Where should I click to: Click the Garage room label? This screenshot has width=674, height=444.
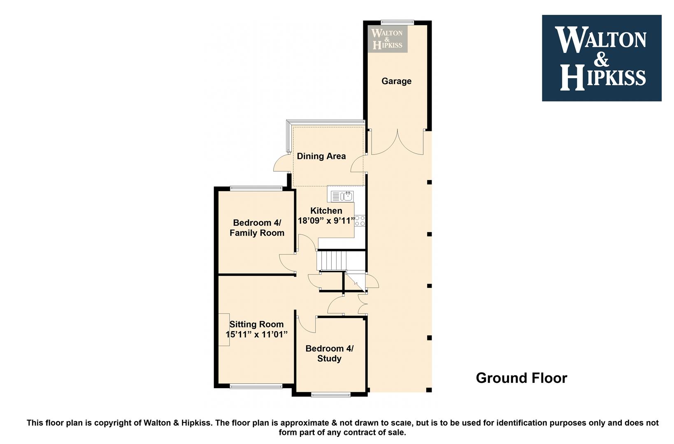pos(396,81)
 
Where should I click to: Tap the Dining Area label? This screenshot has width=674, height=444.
pos(321,156)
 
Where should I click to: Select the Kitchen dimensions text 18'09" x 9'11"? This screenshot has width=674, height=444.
pos(326,221)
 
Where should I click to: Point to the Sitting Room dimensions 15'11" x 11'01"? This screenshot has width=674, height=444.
pos(256,334)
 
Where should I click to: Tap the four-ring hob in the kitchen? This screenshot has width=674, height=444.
pos(360,221)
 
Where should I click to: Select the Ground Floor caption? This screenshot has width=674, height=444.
pos(521,378)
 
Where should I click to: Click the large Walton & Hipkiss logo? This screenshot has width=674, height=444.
pos(602,58)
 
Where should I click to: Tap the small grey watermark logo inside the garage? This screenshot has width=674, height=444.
pos(387,39)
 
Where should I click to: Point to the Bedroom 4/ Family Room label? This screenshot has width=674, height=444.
pos(257,228)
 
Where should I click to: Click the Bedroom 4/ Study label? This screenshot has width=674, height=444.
pos(330,354)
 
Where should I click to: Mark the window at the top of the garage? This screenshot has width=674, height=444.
pos(397,22)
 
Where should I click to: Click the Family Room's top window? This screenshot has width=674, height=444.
pos(256,188)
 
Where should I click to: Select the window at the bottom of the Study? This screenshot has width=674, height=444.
pos(331,394)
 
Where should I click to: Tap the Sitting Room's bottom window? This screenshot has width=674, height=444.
pos(256,386)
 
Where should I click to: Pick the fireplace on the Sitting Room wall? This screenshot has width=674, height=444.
pos(224,330)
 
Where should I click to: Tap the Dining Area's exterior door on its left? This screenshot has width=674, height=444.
pos(281,164)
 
